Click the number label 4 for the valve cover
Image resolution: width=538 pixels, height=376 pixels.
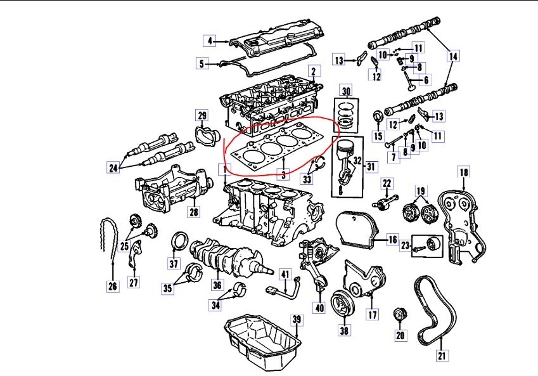coord(210,41)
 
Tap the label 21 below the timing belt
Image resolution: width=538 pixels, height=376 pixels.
coord(442,356)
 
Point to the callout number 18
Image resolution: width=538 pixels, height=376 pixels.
coord(464,172)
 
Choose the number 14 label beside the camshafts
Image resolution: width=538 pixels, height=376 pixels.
coord(452,56)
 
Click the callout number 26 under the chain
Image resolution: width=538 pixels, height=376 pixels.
coord(113,287)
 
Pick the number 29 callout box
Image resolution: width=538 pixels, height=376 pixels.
coord(202,115)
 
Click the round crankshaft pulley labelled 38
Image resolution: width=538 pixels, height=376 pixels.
coord(343,308)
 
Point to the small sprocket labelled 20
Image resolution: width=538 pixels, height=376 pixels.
coord(399,314)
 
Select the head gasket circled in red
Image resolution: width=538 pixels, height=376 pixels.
coord(279,151)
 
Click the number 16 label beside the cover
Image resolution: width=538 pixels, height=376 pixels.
coord(392,239)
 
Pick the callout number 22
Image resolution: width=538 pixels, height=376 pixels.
coord(387,184)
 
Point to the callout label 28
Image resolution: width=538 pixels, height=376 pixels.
coord(193,211)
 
